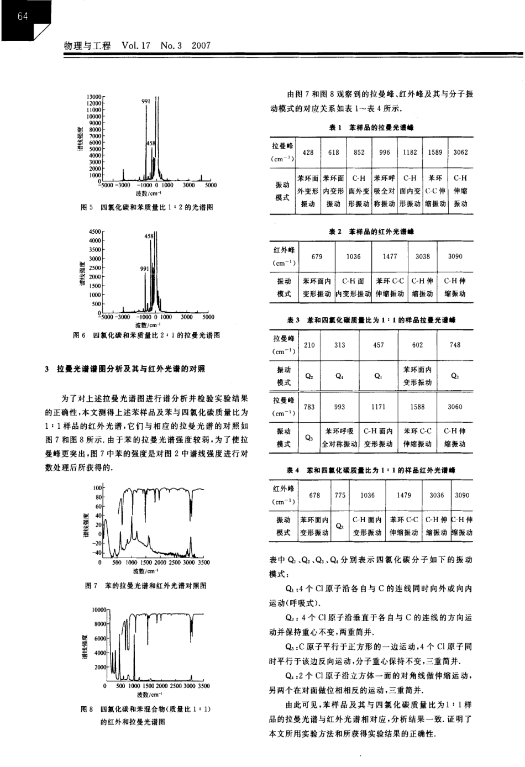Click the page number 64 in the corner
(x=22, y=16)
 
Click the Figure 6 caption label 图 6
(x=78, y=335)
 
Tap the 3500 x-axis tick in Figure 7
(x=203, y=563)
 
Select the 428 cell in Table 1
(x=308, y=153)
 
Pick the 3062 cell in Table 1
(x=460, y=153)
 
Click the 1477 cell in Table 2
(x=390, y=256)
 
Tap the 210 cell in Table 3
(x=309, y=345)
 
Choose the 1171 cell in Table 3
(x=379, y=407)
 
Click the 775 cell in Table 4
(x=340, y=495)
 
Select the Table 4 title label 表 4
(x=293, y=470)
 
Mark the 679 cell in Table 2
(x=317, y=256)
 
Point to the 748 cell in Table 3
(x=455, y=345)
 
